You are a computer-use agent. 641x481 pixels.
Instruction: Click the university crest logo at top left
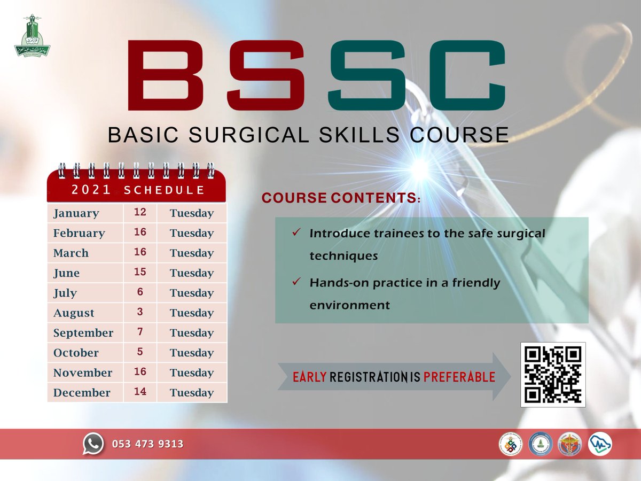[x=32, y=36]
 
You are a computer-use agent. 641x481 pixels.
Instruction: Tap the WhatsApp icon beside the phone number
[x=93, y=443]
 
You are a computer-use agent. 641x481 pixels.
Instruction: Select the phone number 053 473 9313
[x=147, y=444]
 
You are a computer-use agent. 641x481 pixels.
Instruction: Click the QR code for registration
[x=553, y=375]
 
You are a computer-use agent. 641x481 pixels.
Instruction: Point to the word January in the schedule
[x=76, y=213]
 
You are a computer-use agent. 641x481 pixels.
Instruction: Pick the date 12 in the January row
[x=140, y=213]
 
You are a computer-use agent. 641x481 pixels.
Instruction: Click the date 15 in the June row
[x=140, y=273]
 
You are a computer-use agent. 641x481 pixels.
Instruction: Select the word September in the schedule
[x=83, y=333]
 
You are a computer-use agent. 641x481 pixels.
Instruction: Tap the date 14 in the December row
[x=140, y=392]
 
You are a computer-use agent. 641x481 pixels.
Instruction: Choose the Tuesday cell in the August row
[x=192, y=313]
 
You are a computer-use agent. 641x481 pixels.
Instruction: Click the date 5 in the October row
[x=140, y=353]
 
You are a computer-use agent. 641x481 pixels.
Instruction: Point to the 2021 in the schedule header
[x=91, y=190]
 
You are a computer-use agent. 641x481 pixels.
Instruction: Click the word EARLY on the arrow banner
[x=309, y=377]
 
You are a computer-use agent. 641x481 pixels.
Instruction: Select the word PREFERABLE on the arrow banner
[x=459, y=377]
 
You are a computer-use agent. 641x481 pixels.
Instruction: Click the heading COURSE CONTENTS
[x=340, y=198]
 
